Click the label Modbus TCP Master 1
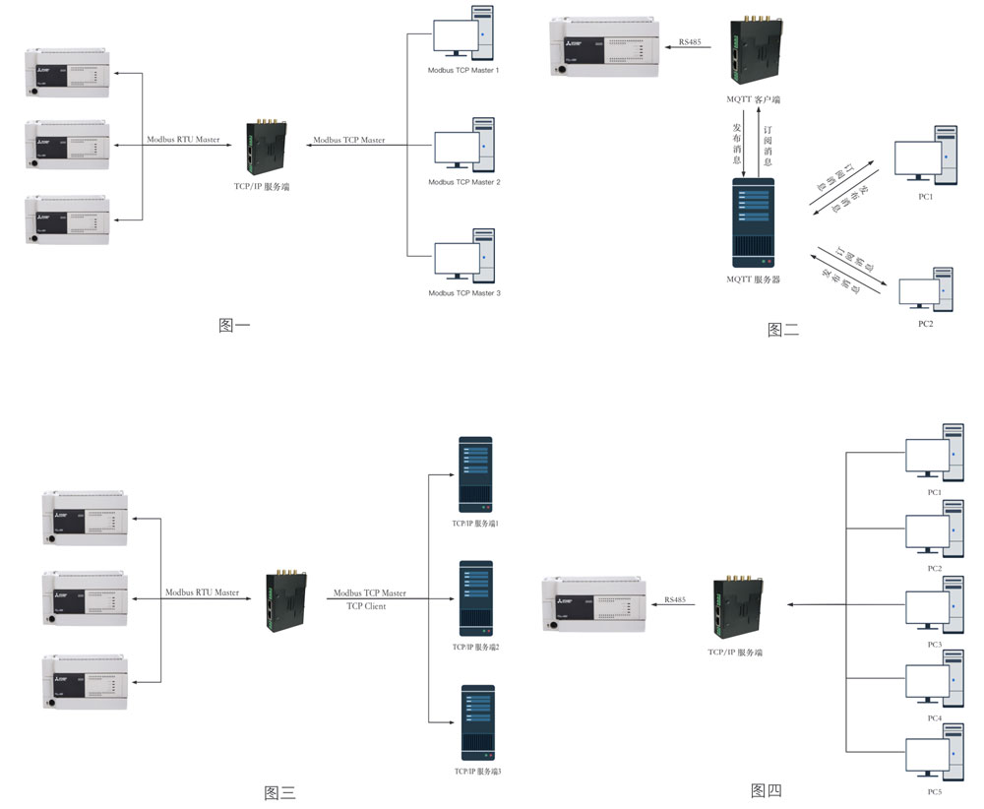[463, 71]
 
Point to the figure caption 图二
[783, 331]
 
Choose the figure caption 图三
[279, 792]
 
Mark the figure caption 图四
[766, 789]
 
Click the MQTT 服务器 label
[753, 280]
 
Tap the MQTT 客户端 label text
[752, 99]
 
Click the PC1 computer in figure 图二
[925, 156]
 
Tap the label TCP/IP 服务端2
[476, 647]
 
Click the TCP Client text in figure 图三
[366, 606]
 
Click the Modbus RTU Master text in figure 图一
[183, 140]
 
